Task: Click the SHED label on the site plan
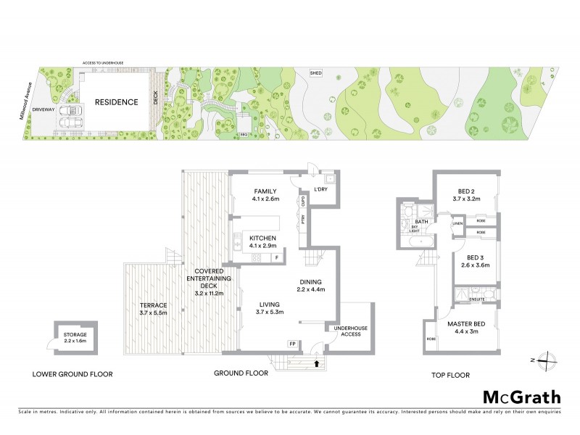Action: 315,73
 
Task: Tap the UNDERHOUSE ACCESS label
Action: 346,331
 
